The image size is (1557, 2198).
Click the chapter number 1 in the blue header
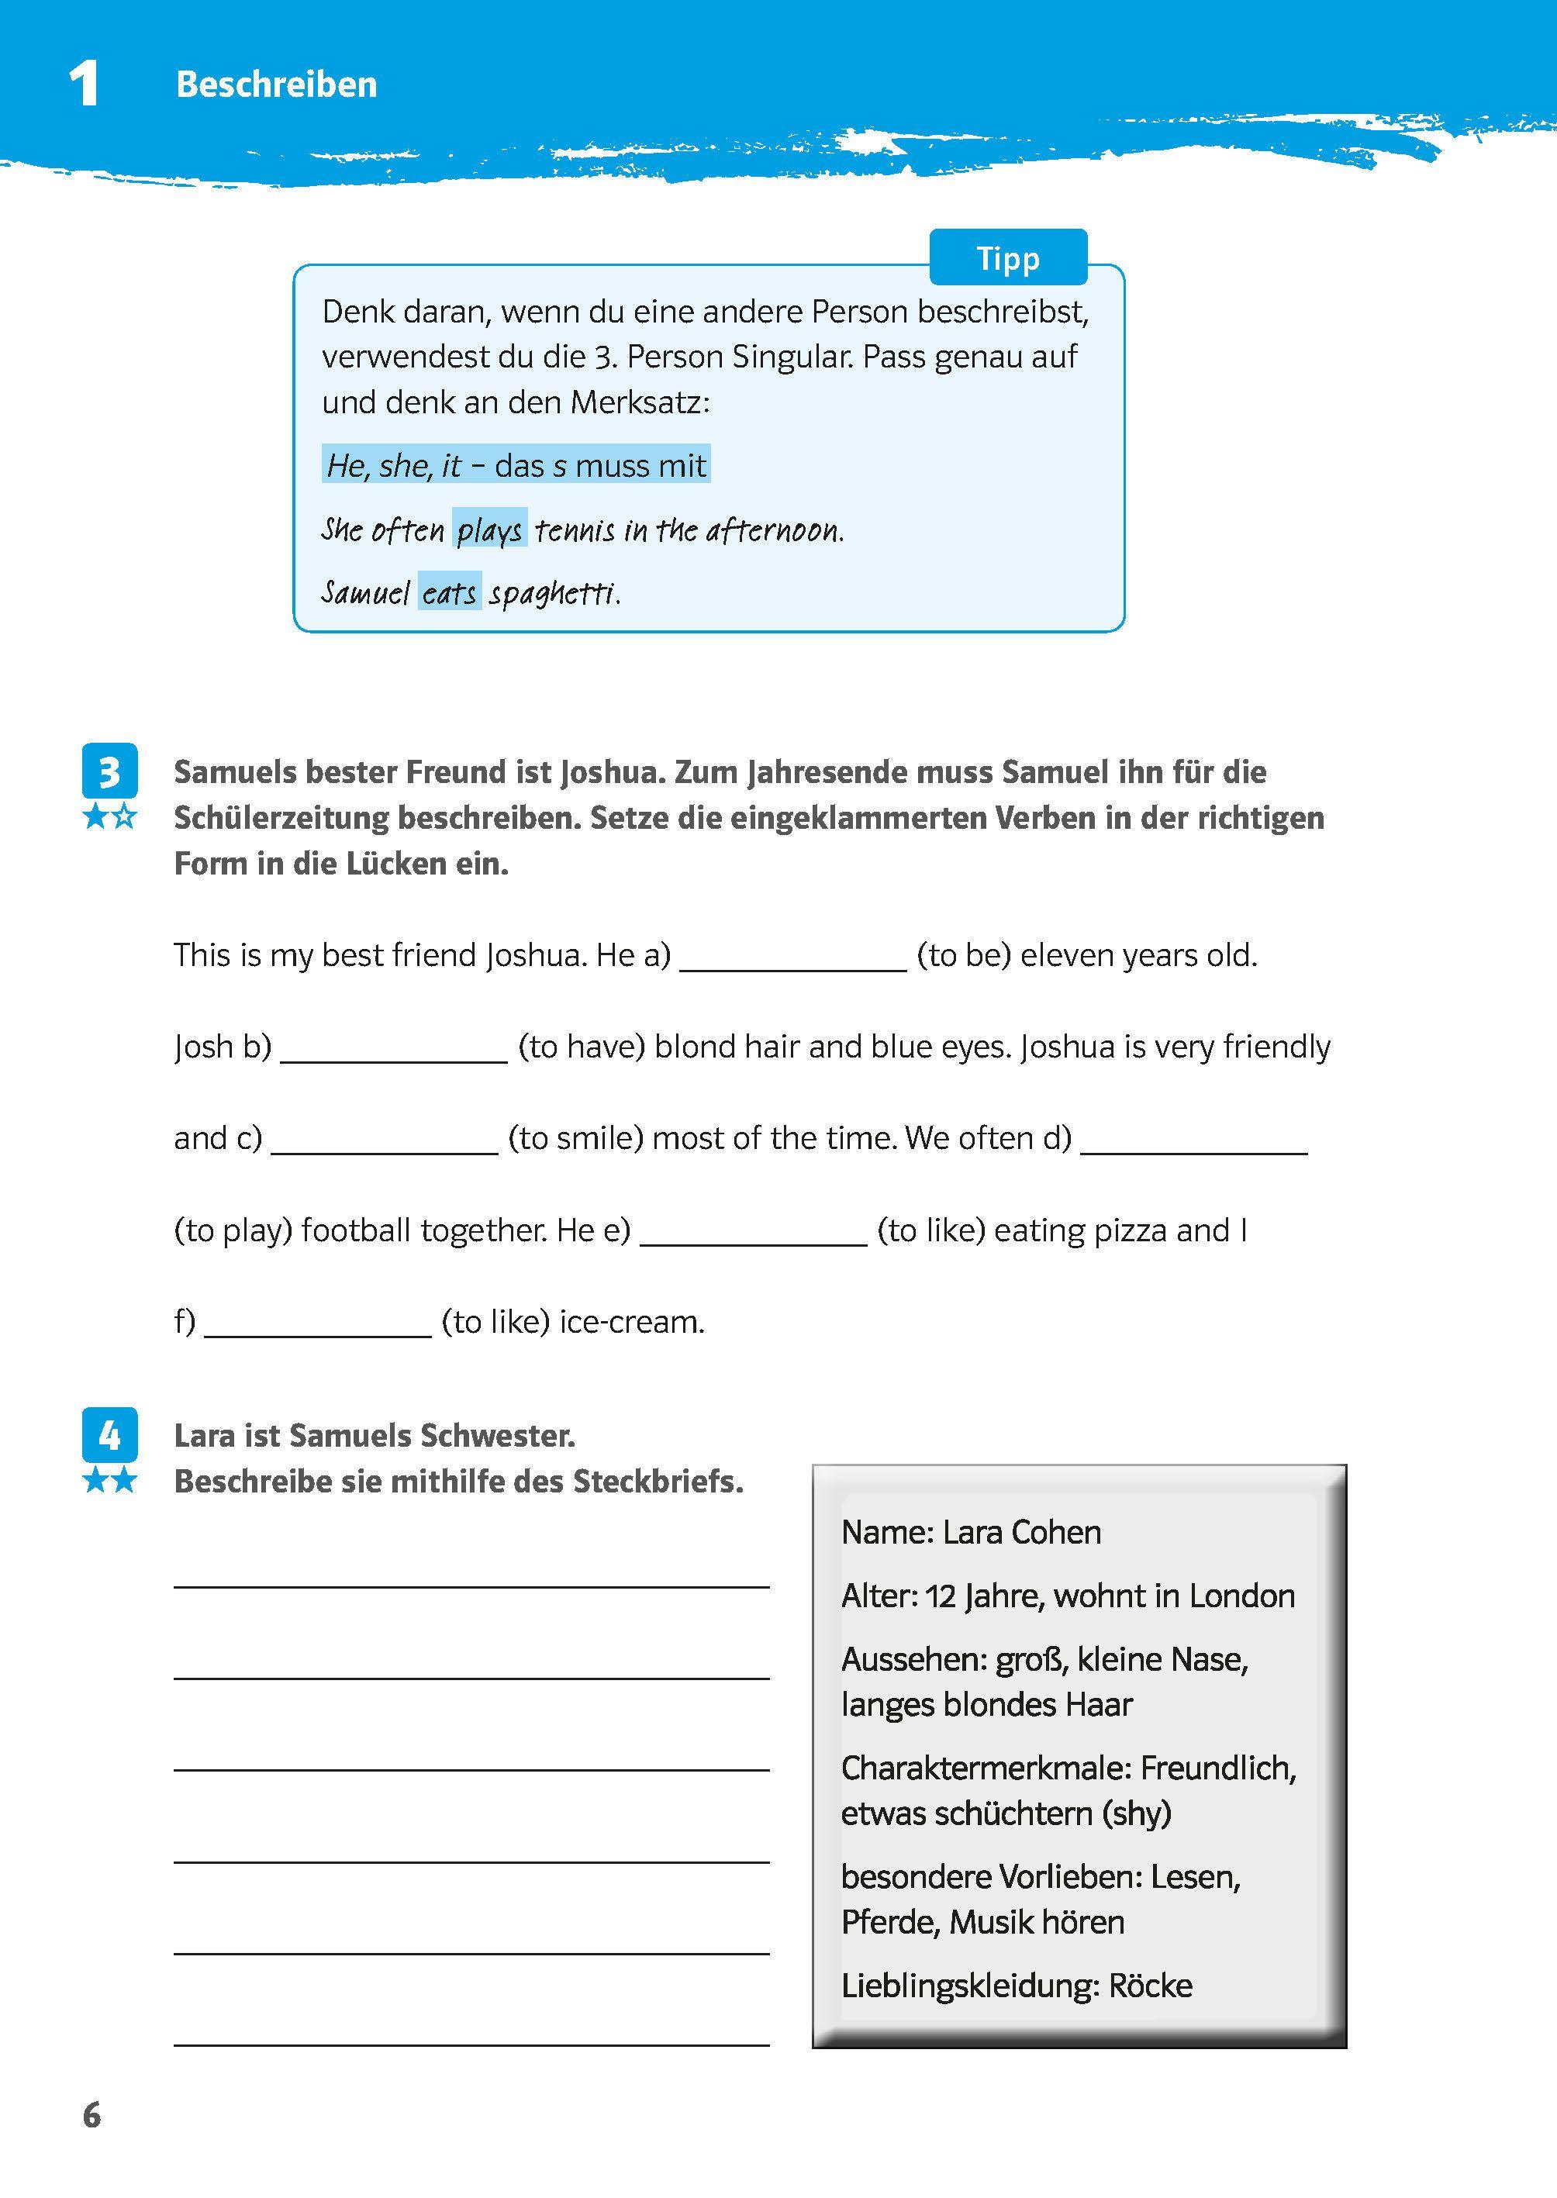click(85, 85)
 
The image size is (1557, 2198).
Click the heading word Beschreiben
click(276, 85)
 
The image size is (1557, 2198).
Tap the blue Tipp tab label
click(1008, 258)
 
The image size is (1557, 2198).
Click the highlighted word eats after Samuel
click(449, 593)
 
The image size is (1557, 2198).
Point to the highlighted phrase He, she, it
click(394, 466)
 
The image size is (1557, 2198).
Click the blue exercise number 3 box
click(109, 771)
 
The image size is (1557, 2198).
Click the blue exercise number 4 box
click(109, 1435)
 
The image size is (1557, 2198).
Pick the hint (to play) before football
click(233, 1230)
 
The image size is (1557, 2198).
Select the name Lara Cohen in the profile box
click(1021, 1533)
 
